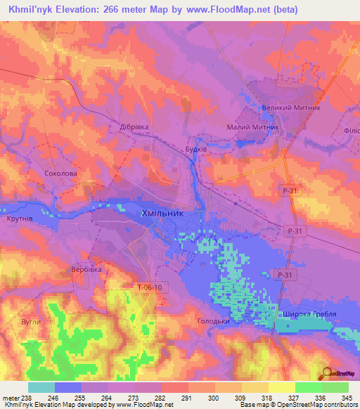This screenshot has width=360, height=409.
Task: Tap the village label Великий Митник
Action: tap(290, 108)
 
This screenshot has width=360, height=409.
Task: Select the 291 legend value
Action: tap(188, 398)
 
